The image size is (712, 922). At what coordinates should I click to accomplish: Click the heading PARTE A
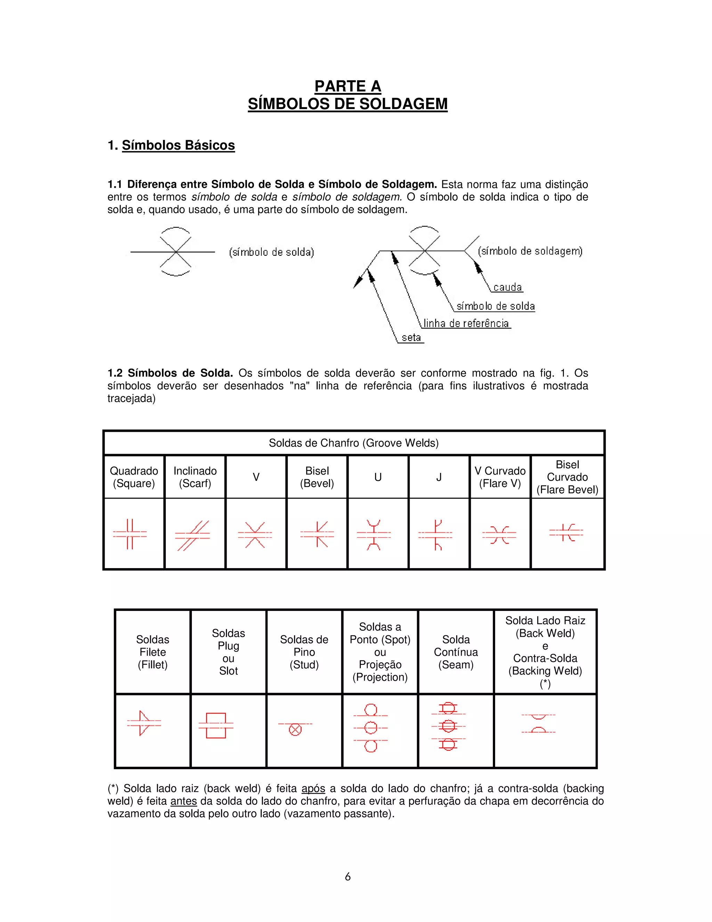[x=348, y=86]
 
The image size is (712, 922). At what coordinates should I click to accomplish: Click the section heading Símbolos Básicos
[x=178, y=145]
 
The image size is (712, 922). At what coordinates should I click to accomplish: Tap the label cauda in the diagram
[x=508, y=287]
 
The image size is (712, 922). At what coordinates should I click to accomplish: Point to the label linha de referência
[x=466, y=323]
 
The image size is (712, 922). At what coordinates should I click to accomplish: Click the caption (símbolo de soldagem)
[x=530, y=251]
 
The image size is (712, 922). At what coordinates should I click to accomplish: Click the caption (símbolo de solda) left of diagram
[x=271, y=253]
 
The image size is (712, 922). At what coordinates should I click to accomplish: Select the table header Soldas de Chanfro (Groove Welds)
[x=354, y=443]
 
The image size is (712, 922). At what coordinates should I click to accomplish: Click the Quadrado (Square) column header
[x=134, y=477]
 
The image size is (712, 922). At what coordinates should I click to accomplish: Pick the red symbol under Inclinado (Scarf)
[x=193, y=535]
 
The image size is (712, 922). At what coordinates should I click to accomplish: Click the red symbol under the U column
[x=374, y=535]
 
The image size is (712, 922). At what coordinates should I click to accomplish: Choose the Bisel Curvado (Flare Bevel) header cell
[x=567, y=477]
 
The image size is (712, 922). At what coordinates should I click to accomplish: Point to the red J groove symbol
[x=436, y=535]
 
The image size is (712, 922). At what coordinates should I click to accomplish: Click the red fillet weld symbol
[x=144, y=723]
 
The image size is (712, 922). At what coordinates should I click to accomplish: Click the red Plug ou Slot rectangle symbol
[x=216, y=725]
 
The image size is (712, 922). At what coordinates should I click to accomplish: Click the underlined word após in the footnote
[x=313, y=788]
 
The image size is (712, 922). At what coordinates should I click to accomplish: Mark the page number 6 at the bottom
[x=348, y=876]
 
